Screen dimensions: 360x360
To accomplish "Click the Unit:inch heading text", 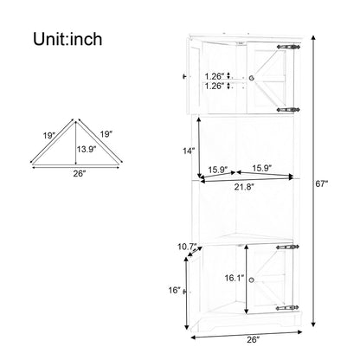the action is click(x=67, y=39).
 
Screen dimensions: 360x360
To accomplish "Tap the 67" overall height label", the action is click(x=322, y=183).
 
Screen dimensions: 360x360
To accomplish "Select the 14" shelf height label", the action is click(x=189, y=151).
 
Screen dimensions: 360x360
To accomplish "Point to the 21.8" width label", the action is click(x=244, y=187).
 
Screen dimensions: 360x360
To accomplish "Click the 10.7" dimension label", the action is click(x=187, y=247).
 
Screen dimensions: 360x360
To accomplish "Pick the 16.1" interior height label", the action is click(x=235, y=278).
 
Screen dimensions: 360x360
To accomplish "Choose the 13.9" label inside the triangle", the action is click(x=87, y=149).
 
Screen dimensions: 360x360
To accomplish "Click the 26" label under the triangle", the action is click(x=80, y=173).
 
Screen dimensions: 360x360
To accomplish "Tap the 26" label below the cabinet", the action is click(x=254, y=339).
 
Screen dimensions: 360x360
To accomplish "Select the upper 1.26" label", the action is click(x=215, y=76).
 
